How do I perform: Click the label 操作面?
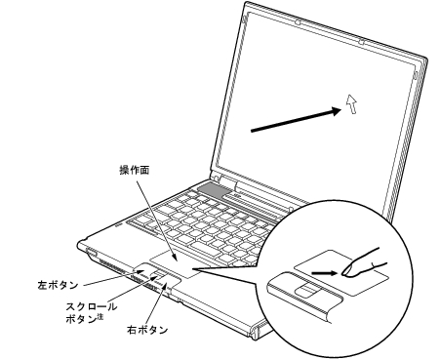135,170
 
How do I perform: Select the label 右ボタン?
147,330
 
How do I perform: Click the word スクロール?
92,306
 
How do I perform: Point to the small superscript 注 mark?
100,316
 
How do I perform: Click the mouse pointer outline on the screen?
351,104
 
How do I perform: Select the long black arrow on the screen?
297,120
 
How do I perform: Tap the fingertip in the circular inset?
346,269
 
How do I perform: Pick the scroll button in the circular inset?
306,290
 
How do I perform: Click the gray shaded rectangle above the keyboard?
214,190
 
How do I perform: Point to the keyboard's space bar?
207,248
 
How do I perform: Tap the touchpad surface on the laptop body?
176,264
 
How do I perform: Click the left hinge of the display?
215,178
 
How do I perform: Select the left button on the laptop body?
144,268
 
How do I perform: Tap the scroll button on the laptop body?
157,274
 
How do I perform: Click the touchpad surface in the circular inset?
341,272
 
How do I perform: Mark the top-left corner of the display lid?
245,3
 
